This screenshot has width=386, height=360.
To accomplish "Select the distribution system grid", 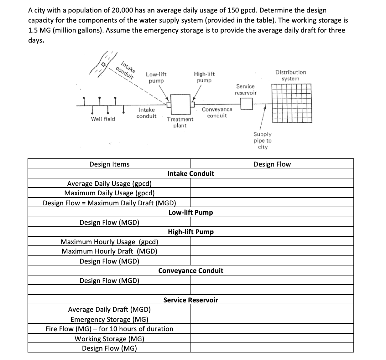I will tap(291, 103).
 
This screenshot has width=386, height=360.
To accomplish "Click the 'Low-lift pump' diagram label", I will tap(156, 78).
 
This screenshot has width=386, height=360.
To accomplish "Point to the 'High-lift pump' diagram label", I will tap(204, 77).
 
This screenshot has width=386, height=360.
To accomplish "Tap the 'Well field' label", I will tap(103, 119).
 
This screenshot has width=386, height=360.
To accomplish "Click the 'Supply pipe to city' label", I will tap(263, 141).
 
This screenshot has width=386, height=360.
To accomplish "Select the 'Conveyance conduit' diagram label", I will tap(217, 112).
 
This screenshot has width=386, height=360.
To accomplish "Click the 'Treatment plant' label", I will tap(180, 122).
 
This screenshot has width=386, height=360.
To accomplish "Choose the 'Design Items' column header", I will tap(109, 164).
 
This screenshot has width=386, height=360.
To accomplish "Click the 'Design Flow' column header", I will tap(272, 164).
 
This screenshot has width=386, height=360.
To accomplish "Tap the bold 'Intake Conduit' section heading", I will tap(191, 173).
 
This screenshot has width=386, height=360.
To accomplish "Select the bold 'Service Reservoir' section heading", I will tap(190, 300).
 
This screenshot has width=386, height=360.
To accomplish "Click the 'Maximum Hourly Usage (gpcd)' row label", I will tap(109, 242).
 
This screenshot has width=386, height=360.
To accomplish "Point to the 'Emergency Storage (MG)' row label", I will tap(109, 319).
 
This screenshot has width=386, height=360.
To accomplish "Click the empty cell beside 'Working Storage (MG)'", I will tap(272, 339).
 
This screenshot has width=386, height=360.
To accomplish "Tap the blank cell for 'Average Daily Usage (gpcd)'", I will tap(272, 183).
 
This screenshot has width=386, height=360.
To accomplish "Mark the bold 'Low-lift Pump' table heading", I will tap(190, 212).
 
